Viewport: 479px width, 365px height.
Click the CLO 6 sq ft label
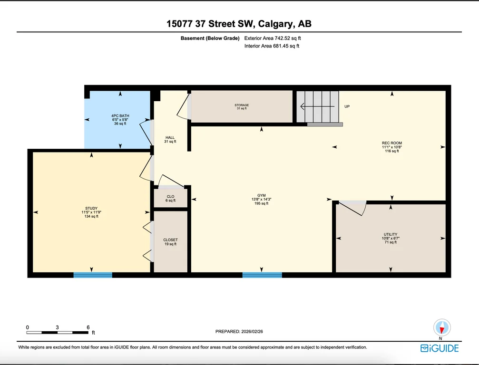tap(170, 199)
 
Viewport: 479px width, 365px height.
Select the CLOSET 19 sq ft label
tap(170, 242)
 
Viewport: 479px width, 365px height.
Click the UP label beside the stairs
tap(347, 106)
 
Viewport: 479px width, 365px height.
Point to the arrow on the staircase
tap(317, 106)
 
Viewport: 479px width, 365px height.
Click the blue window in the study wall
tap(93, 275)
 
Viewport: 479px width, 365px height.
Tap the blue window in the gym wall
tap(262, 275)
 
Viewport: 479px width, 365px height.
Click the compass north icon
tap(442, 328)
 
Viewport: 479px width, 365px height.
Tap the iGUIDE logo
tap(440, 348)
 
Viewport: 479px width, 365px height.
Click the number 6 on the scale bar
tap(88, 327)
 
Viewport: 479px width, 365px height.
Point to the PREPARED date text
tap(239, 331)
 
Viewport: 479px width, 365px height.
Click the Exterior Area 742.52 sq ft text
tap(273, 38)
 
